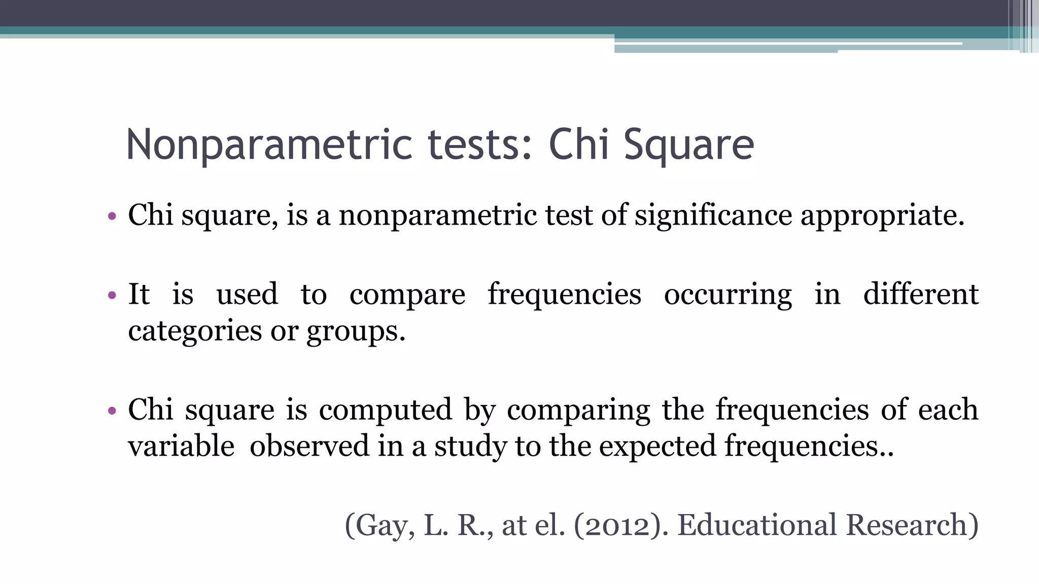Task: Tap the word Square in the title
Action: (x=688, y=145)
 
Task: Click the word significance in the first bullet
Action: (x=713, y=215)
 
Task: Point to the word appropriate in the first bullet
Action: (x=882, y=215)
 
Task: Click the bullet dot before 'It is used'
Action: (x=112, y=295)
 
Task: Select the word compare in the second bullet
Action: (x=407, y=295)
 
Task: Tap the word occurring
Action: (x=728, y=295)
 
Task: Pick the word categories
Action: (x=195, y=332)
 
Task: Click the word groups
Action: (x=355, y=333)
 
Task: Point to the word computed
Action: (x=385, y=410)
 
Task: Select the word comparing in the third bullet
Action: (x=578, y=410)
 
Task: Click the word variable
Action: (x=181, y=446)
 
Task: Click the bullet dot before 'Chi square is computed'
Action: (x=112, y=410)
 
